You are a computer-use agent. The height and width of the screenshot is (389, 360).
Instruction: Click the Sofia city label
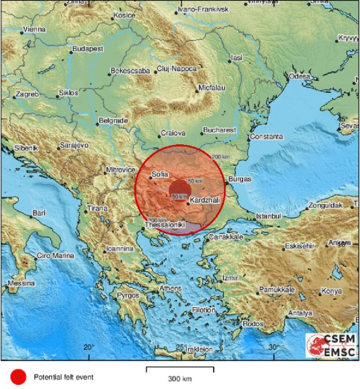(160, 175)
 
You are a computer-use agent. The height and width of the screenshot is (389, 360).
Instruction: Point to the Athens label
(170, 288)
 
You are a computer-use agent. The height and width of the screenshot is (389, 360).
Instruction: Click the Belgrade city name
(114, 121)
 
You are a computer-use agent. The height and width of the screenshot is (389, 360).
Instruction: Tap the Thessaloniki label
(163, 225)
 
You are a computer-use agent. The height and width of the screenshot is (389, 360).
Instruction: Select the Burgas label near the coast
(240, 179)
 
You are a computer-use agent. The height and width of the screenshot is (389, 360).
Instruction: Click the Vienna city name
(35, 30)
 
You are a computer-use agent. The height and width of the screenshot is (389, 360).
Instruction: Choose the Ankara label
(339, 243)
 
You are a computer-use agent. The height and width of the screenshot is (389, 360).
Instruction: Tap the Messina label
(22, 283)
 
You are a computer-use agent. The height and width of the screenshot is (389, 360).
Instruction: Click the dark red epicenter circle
(180, 189)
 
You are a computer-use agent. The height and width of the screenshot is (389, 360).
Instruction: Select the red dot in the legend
(18, 376)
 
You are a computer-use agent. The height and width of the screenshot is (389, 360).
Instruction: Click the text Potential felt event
(64, 377)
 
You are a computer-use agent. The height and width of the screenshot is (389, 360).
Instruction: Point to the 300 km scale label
(180, 379)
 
